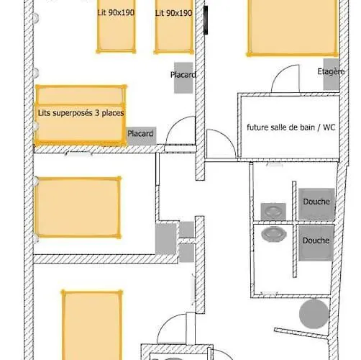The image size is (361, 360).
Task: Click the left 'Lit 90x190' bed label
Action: tap(116, 12)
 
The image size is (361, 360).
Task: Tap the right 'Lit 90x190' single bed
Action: tap(174, 27)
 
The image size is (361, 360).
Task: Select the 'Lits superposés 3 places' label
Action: tap(81, 113)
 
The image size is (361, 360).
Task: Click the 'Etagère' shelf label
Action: tap(331, 71)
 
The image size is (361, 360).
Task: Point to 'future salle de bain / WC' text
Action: tap(291, 127)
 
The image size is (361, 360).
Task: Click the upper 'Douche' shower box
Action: tap(316, 204)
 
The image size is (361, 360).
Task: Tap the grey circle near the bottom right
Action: tap(314, 314)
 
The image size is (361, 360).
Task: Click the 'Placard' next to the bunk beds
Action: tap(141, 136)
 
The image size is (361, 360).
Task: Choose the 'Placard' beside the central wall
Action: tap(183, 78)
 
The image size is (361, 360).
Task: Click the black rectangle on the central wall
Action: tap(206, 20)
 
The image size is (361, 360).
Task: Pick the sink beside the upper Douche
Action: tap(273, 212)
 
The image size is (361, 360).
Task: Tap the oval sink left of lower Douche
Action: tap(274, 234)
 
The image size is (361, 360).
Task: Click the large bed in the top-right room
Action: tap(293, 27)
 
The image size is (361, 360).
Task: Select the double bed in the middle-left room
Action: tap(78, 207)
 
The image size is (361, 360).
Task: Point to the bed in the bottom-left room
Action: tap(92, 325)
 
